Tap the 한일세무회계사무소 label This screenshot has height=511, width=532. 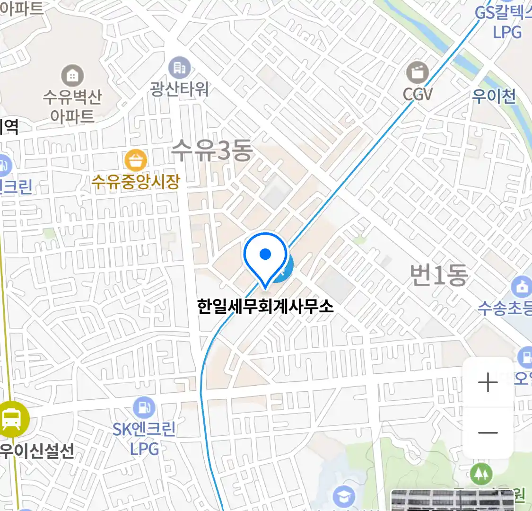click(265, 306)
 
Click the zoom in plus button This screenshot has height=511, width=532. click(488, 382)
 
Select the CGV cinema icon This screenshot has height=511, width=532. click(418, 73)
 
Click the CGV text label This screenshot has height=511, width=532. click(418, 94)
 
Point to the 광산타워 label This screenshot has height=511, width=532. click(179, 88)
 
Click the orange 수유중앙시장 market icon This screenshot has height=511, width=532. click(136, 160)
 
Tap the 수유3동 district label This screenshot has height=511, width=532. click(211, 150)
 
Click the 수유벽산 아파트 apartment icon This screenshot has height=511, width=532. click(72, 76)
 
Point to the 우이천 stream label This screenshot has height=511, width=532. click(494, 97)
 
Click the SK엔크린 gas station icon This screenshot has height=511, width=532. click(144, 407)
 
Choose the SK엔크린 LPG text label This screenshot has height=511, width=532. click(144, 439)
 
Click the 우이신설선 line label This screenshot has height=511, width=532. click(37, 450)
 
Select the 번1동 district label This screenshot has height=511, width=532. click(438, 275)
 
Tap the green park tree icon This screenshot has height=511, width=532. click(481, 474)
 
